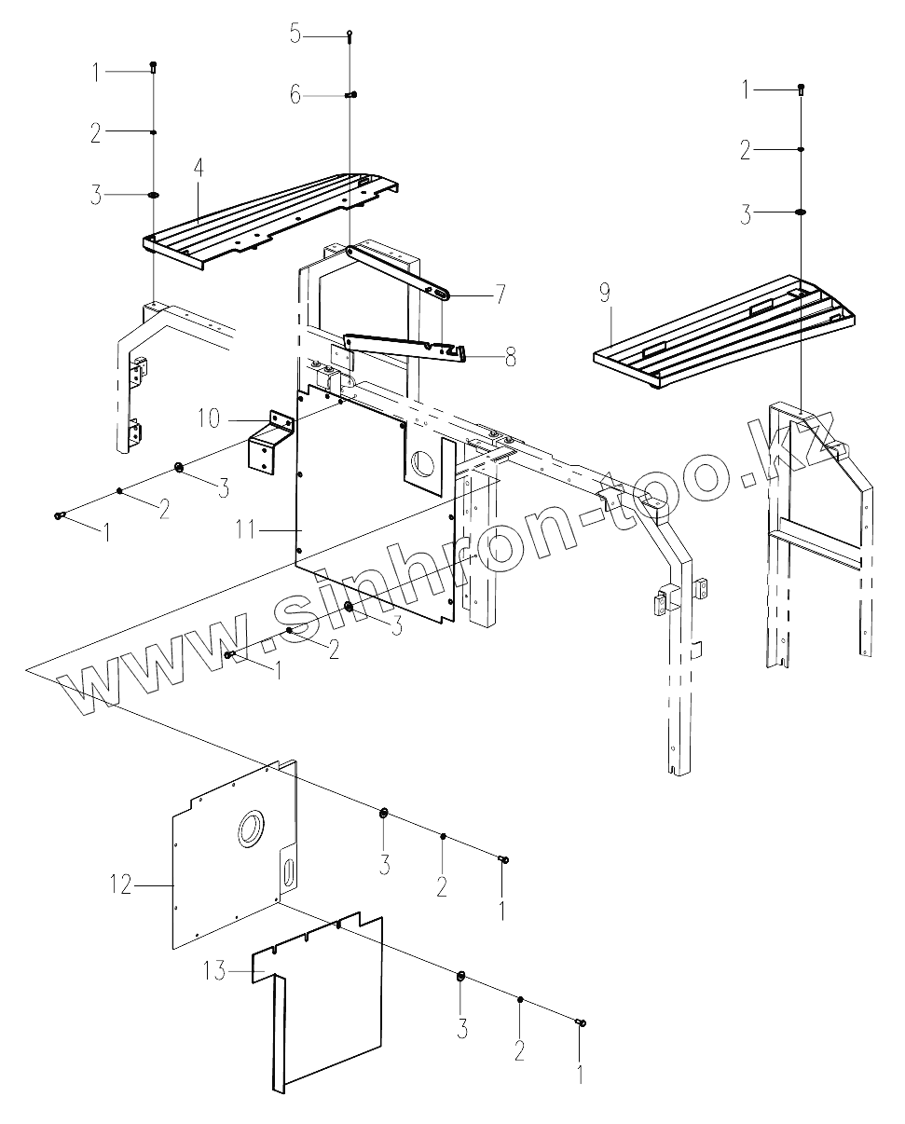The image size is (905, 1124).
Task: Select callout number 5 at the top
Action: pyautogui.click(x=295, y=34)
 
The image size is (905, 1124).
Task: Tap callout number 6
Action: pyautogui.click(x=295, y=94)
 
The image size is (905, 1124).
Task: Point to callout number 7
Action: pyautogui.click(x=500, y=295)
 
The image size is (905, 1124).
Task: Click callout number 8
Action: pyautogui.click(x=510, y=357)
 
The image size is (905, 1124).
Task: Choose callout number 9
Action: pyautogui.click(x=605, y=294)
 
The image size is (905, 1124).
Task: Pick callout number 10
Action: pyautogui.click(x=209, y=418)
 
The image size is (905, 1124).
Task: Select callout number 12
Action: pyautogui.click(x=122, y=884)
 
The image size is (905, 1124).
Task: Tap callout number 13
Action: pyautogui.click(x=215, y=971)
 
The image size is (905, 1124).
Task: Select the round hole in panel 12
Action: pyautogui.click(x=252, y=827)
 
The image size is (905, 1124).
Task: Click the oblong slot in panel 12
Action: pyautogui.click(x=288, y=873)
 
